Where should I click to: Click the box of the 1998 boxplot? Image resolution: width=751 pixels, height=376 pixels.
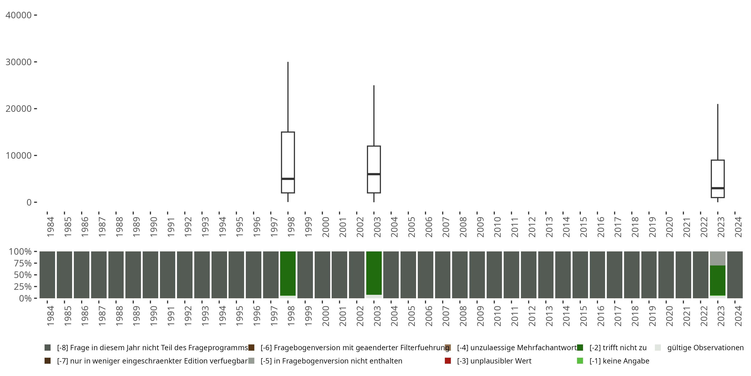288,155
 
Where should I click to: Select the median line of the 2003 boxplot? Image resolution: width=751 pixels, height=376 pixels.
374,174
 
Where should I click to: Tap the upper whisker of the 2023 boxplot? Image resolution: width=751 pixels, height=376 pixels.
717,131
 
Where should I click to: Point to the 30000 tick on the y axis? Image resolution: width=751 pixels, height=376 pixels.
35,62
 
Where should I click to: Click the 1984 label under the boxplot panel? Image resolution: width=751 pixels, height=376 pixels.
50,227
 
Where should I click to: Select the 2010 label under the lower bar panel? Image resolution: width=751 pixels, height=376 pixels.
497,316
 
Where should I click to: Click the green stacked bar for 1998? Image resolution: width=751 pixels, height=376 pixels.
288,273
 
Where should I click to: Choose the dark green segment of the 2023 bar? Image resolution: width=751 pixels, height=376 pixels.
717,280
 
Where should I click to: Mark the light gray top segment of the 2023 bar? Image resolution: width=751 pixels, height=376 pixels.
717,258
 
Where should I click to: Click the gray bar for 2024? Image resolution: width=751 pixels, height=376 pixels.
735,275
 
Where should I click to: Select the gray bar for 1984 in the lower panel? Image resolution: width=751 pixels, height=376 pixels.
47,275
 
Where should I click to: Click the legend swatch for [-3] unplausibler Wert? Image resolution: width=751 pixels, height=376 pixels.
448,361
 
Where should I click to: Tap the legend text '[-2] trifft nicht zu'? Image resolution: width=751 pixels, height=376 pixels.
618,348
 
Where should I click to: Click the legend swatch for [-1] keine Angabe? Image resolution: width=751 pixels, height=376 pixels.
580,361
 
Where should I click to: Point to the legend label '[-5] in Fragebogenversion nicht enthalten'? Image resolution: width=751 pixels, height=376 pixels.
331,361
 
